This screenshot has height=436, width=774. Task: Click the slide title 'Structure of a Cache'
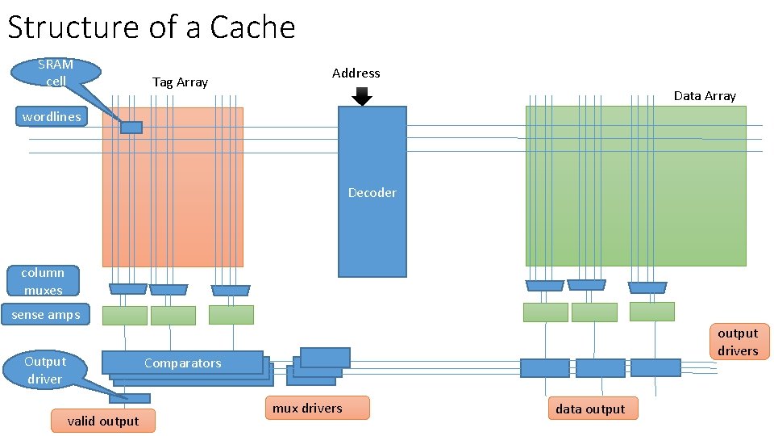pyautogui.click(x=152, y=27)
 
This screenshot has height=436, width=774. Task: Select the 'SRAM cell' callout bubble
pyautogui.click(x=56, y=72)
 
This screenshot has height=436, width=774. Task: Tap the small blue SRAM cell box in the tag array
pyautogui.click(x=131, y=127)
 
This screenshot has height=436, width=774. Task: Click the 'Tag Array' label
pyautogui.click(x=180, y=82)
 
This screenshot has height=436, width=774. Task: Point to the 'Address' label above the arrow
pyautogui.click(x=356, y=73)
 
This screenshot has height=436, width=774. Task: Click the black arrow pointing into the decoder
pyautogui.click(x=362, y=97)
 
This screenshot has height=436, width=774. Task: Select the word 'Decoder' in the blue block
pyautogui.click(x=372, y=192)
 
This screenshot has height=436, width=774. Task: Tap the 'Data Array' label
pyautogui.click(x=705, y=95)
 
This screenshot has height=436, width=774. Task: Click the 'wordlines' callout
pyautogui.click(x=52, y=116)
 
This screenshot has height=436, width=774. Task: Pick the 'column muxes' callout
pyautogui.click(x=43, y=281)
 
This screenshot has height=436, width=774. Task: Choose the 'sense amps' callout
pyautogui.click(x=46, y=314)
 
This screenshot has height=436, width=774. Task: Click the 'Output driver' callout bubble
pyautogui.click(x=45, y=370)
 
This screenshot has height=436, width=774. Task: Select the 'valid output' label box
pyautogui.click(x=102, y=421)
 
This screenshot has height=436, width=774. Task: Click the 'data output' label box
pyautogui.click(x=590, y=409)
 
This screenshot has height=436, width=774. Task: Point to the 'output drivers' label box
pyautogui.click(x=738, y=342)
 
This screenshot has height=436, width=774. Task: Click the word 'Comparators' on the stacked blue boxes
pyautogui.click(x=182, y=363)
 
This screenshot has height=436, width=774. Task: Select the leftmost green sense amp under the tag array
pyautogui.click(x=125, y=315)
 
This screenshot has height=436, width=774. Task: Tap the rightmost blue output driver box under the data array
pyautogui.click(x=655, y=368)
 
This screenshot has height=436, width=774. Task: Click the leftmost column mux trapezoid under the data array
pyautogui.click(x=544, y=285)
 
